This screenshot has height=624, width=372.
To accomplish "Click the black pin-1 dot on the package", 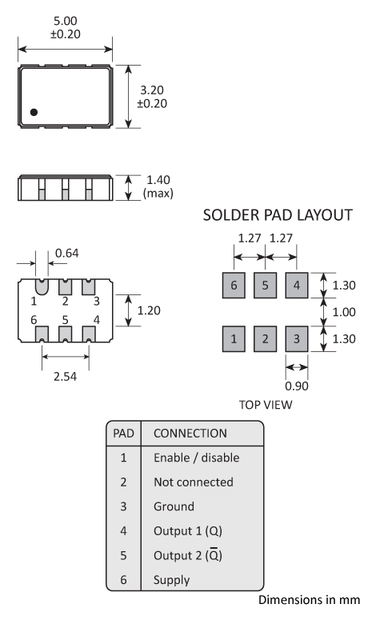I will point(34,113).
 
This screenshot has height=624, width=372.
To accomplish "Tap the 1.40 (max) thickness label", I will point(157,186).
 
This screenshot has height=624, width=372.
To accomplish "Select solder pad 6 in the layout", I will point(234,285).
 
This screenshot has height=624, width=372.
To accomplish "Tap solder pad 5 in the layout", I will point(265,285).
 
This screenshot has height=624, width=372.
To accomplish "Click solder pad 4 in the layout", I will point(296,285).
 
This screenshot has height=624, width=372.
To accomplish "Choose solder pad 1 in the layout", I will point(234,339).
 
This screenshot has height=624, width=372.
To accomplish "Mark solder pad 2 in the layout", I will point(265,339).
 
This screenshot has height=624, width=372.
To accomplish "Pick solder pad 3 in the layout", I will point(296,339).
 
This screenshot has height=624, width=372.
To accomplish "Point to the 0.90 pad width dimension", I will point(296,385).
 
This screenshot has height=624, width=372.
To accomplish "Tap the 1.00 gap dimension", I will point(345,312).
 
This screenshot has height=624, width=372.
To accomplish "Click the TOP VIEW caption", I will point(266,405).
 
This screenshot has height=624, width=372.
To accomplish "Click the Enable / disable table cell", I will point(196,458).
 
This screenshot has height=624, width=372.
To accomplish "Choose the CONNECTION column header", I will point(190,433).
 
